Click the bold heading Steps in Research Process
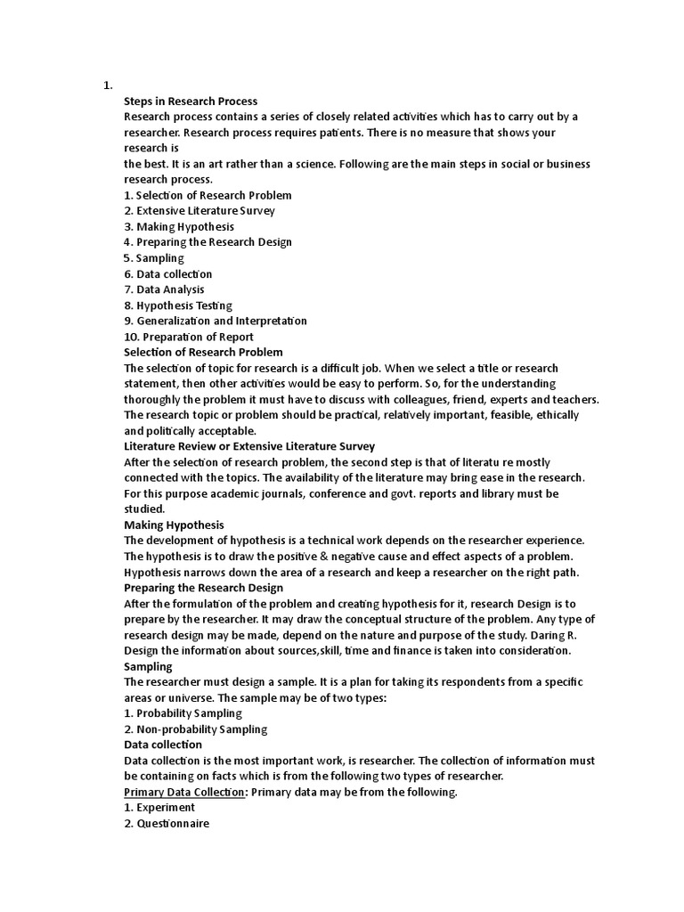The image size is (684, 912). pyautogui.click(x=191, y=101)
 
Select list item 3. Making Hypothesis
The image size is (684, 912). pyautogui.click(x=179, y=226)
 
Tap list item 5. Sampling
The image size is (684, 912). pyautogui.click(x=154, y=258)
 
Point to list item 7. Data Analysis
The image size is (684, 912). pyautogui.click(x=164, y=289)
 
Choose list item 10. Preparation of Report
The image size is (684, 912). pyautogui.click(x=189, y=337)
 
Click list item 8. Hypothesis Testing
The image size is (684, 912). pyautogui.click(x=178, y=305)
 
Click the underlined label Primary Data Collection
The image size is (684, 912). pyautogui.click(x=184, y=792)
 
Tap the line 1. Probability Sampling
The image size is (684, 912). pyautogui.click(x=183, y=713)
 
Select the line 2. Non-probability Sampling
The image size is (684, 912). pyautogui.click(x=195, y=729)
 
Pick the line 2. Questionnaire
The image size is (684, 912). pyautogui.click(x=167, y=824)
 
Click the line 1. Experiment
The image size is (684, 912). pyautogui.click(x=159, y=808)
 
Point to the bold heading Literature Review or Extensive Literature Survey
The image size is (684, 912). pyautogui.click(x=249, y=446)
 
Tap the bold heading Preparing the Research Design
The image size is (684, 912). pyautogui.click(x=204, y=588)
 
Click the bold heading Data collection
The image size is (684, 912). pyautogui.click(x=163, y=745)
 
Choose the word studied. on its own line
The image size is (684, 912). pyautogui.click(x=144, y=509)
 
